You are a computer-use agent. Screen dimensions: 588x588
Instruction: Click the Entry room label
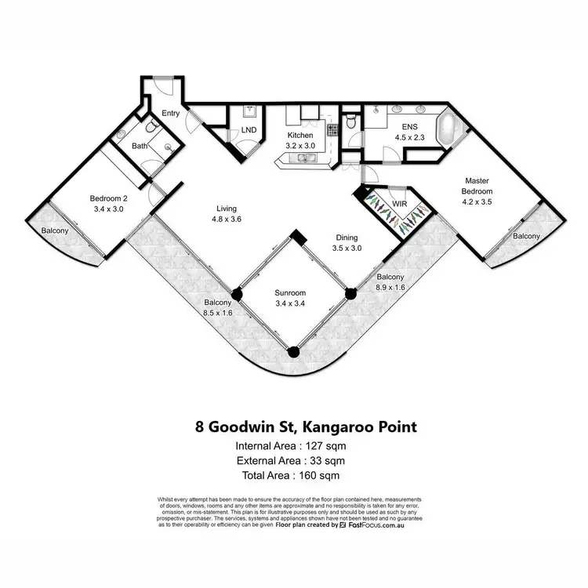point(170,114)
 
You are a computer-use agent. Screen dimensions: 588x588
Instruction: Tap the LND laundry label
point(249,129)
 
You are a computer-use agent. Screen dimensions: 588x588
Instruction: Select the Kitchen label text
point(300,135)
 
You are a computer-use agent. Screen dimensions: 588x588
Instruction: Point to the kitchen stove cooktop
point(332,129)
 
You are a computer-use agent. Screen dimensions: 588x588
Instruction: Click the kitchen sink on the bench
point(303,159)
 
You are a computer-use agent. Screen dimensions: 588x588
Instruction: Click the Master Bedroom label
point(477,186)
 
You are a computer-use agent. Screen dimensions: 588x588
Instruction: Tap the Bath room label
point(140,146)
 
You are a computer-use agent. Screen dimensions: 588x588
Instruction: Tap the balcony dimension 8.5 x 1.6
point(218,313)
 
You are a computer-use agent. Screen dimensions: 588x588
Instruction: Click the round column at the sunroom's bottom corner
point(293,353)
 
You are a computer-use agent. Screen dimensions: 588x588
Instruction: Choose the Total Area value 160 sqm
point(321,475)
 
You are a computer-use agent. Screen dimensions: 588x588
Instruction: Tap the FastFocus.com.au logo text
point(378,526)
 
